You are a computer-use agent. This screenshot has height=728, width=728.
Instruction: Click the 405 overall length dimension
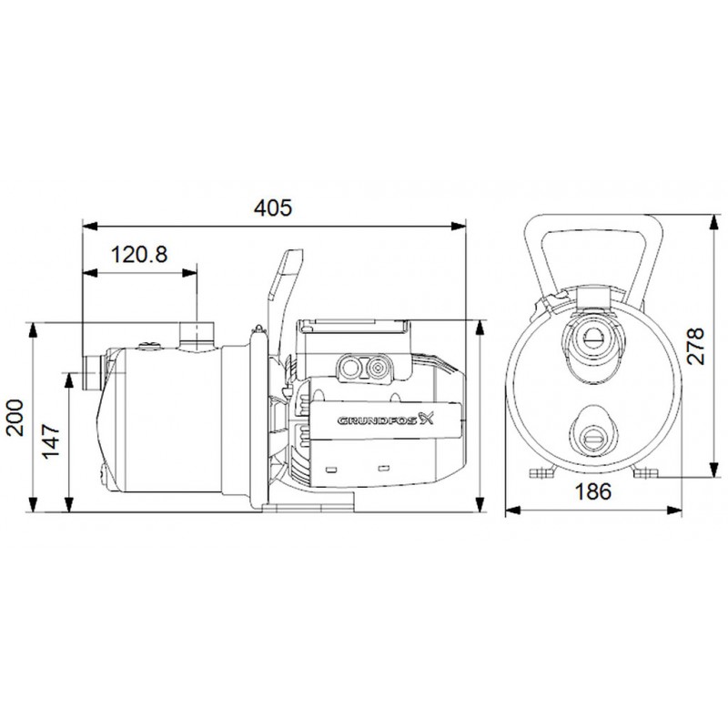coord(273,207)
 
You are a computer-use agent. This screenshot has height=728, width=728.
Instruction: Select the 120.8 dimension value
coord(139,255)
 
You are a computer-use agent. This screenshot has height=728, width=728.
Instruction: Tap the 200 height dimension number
coord(15,418)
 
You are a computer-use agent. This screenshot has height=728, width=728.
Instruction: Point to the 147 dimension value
coord(51,440)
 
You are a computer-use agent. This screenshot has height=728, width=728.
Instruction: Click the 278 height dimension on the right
coord(695,346)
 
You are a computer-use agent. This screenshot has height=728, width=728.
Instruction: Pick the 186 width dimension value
coord(593,491)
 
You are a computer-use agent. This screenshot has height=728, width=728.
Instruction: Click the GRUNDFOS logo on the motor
coord(385,420)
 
